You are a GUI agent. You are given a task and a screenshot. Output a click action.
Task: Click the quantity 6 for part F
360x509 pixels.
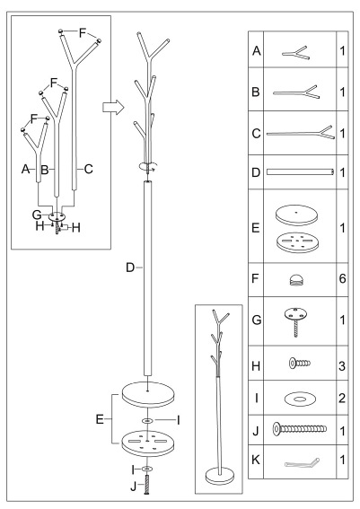342,278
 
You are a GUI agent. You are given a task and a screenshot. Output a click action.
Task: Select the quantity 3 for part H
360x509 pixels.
342,366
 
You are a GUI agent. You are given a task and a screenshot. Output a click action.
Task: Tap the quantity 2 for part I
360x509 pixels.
342,398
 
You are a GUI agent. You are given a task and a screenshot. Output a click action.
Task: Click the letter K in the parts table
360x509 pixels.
256,460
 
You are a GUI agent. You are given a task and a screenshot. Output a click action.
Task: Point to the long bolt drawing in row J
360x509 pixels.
300,429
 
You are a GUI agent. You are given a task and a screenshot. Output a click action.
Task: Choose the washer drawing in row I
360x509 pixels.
299,399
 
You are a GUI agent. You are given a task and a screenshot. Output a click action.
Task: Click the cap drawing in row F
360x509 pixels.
298,279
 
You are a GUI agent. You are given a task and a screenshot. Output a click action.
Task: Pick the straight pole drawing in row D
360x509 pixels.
300,171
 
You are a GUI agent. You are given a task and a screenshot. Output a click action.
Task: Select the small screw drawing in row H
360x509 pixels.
300,363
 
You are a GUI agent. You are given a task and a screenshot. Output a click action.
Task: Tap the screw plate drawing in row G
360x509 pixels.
295,321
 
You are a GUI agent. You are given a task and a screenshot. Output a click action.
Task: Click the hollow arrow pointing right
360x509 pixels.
113,107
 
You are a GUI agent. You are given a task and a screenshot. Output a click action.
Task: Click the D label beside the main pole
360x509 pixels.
130,268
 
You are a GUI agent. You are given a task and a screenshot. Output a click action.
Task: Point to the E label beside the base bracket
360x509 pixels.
100,419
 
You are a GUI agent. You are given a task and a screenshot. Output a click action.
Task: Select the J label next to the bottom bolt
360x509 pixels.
134,487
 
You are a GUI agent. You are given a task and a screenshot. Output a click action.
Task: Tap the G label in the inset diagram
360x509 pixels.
37,215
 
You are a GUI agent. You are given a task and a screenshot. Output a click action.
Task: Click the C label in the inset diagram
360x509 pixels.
88,169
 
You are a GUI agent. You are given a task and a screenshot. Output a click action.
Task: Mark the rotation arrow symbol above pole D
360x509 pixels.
148,166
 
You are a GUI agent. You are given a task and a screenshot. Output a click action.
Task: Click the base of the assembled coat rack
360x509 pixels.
220,475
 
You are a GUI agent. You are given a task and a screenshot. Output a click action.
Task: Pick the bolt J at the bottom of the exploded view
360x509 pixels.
147,485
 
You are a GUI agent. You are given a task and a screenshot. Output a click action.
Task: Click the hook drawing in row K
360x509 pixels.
302,462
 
